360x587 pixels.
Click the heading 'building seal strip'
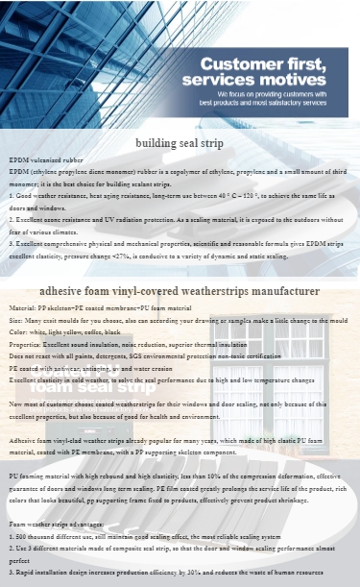coord(180,143)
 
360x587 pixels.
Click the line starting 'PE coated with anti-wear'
coord(107,368)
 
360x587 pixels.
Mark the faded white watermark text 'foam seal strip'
coord(91,388)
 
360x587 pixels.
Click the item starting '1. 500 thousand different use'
coord(144,536)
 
